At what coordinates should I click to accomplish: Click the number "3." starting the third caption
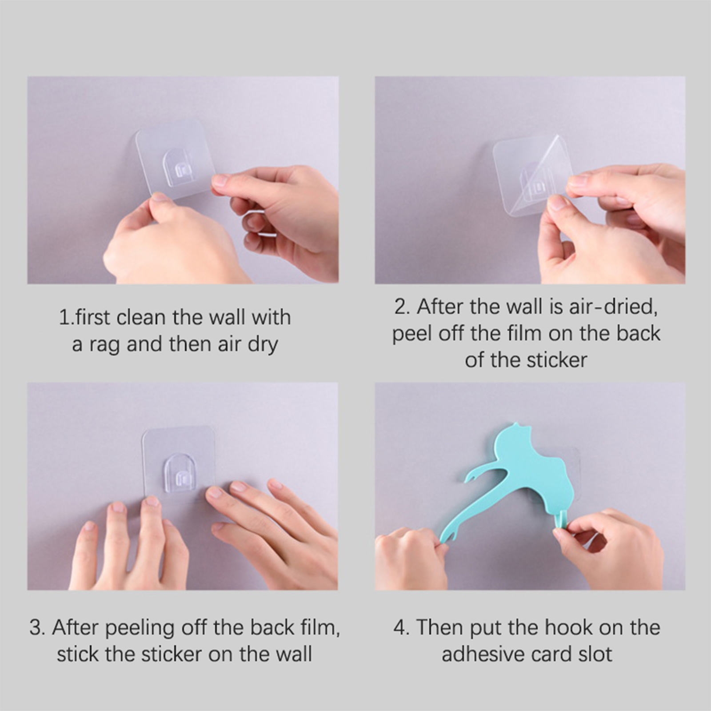[x=37, y=628]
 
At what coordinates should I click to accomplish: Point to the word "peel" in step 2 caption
[x=412, y=334]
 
